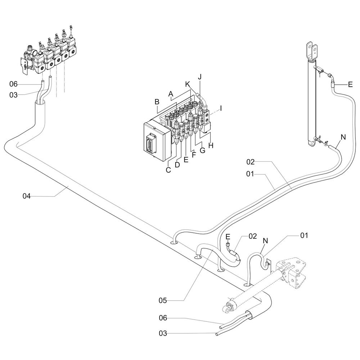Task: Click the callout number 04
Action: (26, 196)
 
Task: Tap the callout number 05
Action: (163, 300)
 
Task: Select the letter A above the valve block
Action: (170, 94)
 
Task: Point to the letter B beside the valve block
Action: (157, 102)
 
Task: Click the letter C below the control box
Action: (168, 170)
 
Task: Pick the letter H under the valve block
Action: (211, 145)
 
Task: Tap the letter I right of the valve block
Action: (221, 108)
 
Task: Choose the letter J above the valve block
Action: (200, 77)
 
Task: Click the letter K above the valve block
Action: (188, 84)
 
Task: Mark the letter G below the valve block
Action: (202, 150)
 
